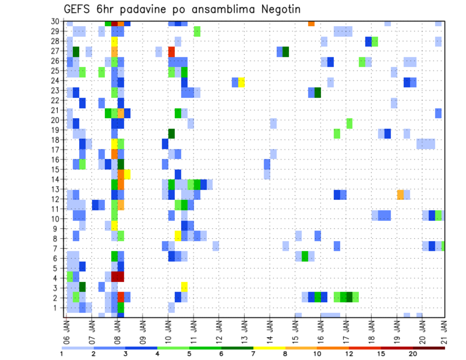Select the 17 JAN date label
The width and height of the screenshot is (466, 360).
(x=346, y=330)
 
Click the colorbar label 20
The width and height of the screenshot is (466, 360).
(x=413, y=354)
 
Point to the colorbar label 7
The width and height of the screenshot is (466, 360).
(x=253, y=354)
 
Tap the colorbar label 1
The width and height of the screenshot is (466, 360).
(x=62, y=354)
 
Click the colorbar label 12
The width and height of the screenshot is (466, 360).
(x=349, y=354)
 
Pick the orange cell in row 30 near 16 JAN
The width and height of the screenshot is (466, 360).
(x=311, y=23)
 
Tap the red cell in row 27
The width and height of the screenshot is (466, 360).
(x=171, y=51)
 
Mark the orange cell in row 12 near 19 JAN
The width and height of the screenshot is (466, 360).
(x=400, y=195)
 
